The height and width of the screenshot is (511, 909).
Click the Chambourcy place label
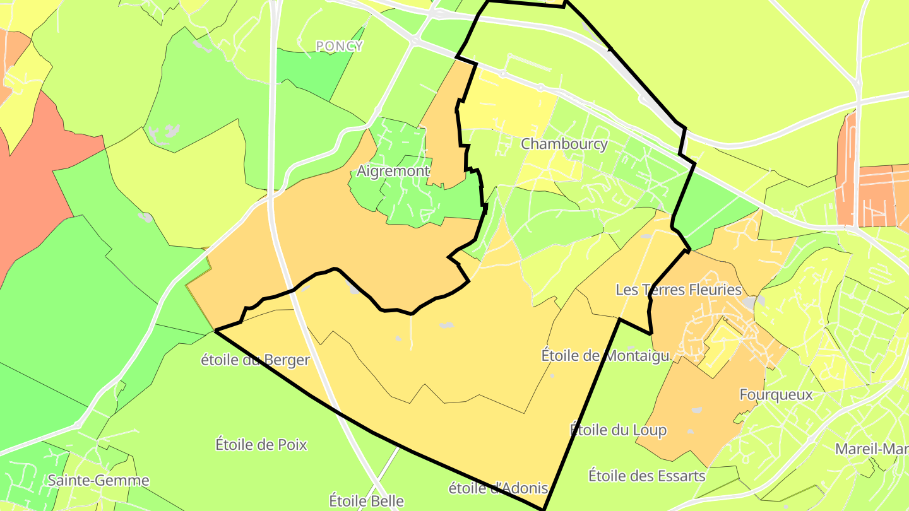564,144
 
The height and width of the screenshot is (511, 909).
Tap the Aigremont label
393,171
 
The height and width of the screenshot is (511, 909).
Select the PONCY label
340,46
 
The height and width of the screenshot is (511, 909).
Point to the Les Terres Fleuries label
678,290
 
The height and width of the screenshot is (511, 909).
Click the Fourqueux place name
776,395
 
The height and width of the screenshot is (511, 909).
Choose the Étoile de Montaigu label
605,356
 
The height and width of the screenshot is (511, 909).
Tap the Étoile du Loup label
618,430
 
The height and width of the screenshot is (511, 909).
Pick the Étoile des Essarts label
646,476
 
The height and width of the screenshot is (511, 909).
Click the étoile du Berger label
255,360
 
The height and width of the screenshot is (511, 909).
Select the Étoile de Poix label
261,445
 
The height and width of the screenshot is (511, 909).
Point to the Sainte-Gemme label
98,481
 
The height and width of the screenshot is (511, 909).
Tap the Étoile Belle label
366,502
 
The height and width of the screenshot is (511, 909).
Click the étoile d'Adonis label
498,488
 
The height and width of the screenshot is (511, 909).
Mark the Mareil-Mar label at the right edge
871,449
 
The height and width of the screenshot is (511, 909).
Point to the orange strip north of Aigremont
445,126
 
